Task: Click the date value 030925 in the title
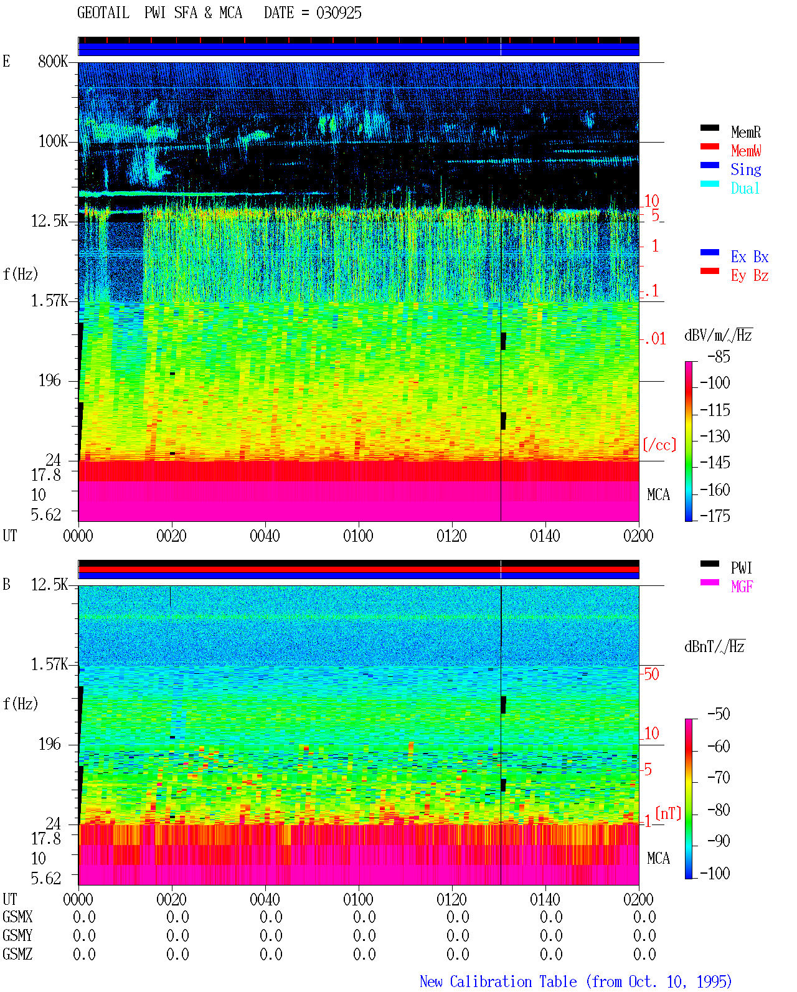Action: (x=339, y=13)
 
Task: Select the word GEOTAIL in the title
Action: (x=103, y=13)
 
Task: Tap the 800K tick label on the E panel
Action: (x=53, y=61)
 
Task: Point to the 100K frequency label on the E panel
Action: (x=53, y=141)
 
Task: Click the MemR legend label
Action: (x=746, y=132)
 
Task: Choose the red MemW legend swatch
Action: (x=709, y=146)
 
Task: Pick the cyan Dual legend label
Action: (x=745, y=188)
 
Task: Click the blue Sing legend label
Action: (x=746, y=169)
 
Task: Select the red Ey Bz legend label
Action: (x=750, y=276)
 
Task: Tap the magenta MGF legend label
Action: (x=742, y=587)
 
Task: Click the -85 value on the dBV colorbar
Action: (x=719, y=356)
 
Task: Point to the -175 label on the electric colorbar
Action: (x=715, y=516)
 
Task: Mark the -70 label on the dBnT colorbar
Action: (x=719, y=778)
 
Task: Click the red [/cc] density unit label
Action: (x=659, y=445)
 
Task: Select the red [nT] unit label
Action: (x=668, y=813)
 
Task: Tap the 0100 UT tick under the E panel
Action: (x=358, y=536)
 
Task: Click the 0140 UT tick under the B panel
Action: (x=545, y=899)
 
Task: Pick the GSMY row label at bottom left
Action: (x=17, y=936)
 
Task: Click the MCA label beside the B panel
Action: (x=658, y=858)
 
